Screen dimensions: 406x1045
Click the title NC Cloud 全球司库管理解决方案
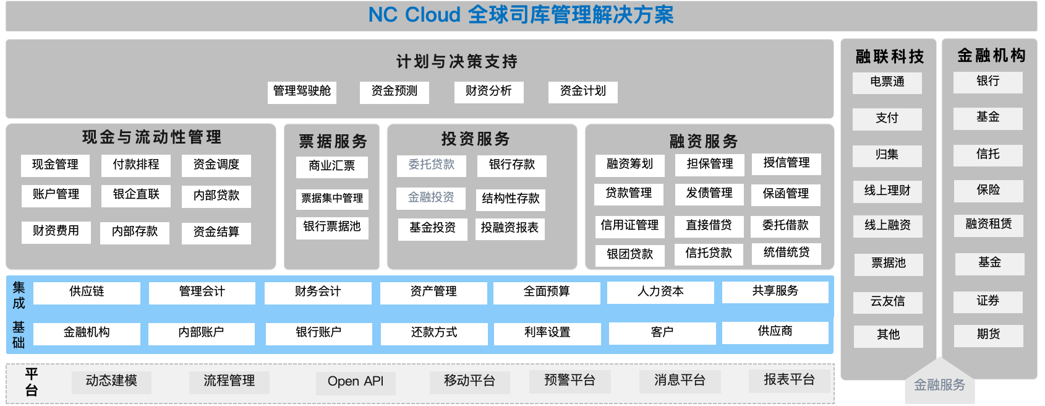(521, 15)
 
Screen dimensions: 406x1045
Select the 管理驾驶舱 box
(302, 92)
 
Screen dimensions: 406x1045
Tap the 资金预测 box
(395, 92)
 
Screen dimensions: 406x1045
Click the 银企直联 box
(136, 195)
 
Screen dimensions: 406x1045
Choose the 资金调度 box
(216, 165)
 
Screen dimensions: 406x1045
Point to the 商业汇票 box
(332, 166)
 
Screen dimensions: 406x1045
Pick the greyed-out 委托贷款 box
(432, 165)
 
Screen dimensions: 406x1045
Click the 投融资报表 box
(510, 228)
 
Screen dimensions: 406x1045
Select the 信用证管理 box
(629, 226)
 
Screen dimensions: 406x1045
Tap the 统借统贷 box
(786, 253)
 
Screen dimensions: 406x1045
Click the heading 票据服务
(333, 142)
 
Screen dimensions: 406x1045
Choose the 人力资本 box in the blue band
(660, 292)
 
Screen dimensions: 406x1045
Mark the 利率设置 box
(547, 333)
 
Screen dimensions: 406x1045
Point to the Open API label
(356, 381)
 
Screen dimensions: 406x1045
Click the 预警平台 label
(569, 380)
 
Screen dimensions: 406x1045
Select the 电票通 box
(887, 82)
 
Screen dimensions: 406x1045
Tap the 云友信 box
(888, 302)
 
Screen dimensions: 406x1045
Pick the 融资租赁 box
(988, 225)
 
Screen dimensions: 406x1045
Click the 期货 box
(988, 335)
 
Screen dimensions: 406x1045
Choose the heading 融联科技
(889, 57)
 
